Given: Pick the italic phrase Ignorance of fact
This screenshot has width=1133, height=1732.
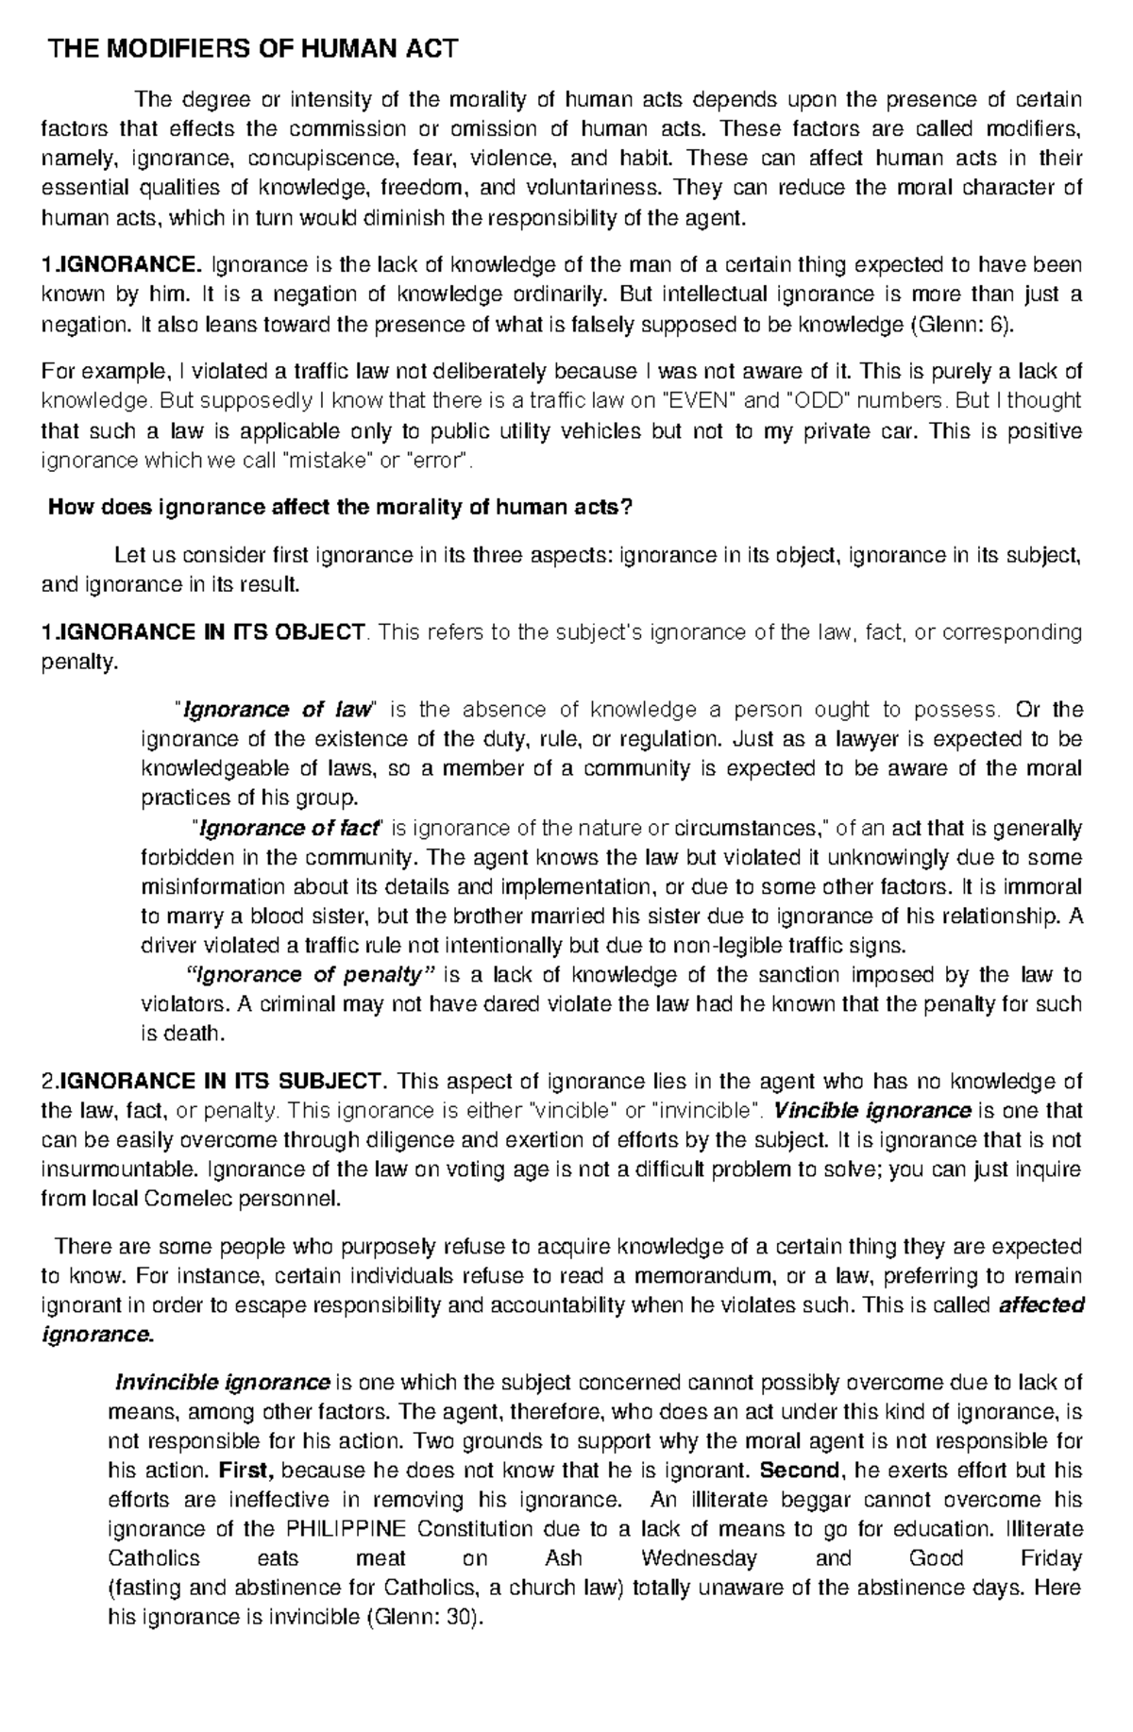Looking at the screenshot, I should (x=287, y=829).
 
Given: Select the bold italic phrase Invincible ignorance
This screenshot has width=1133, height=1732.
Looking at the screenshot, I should (x=222, y=1383).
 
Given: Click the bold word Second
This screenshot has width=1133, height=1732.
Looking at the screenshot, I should (x=799, y=1471).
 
